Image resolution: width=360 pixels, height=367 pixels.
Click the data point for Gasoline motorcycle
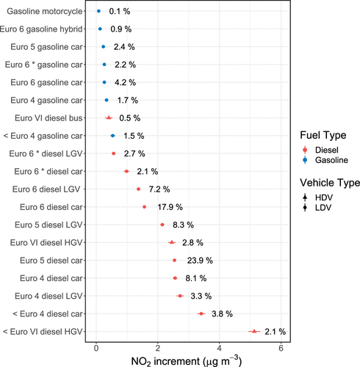[x=98, y=11]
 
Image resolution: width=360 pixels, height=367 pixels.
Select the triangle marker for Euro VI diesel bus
[x=109, y=118]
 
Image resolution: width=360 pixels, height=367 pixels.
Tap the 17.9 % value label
[x=170, y=207]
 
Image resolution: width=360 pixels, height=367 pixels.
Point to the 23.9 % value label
[x=200, y=261]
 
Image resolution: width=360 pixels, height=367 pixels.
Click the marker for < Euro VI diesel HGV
[x=254, y=331]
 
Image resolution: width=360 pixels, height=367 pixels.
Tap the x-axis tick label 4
[x=220, y=348]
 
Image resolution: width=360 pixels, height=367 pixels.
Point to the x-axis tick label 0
[x=96, y=348]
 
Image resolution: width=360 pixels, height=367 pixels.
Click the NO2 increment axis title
[x=187, y=360]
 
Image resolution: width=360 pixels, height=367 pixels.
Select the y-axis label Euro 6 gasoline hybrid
[x=41, y=29]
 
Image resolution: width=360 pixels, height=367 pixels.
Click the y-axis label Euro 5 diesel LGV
[x=48, y=225]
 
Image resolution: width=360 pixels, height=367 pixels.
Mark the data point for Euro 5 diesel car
[x=174, y=261]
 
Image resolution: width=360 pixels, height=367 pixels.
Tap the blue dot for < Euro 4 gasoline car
[x=112, y=136]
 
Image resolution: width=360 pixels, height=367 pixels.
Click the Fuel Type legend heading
[x=323, y=135]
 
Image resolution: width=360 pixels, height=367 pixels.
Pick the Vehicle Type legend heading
[x=330, y=183]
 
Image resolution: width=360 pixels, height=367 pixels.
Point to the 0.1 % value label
[x=120, y=11]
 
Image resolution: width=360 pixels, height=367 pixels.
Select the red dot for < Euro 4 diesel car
[x=201, y=313]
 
